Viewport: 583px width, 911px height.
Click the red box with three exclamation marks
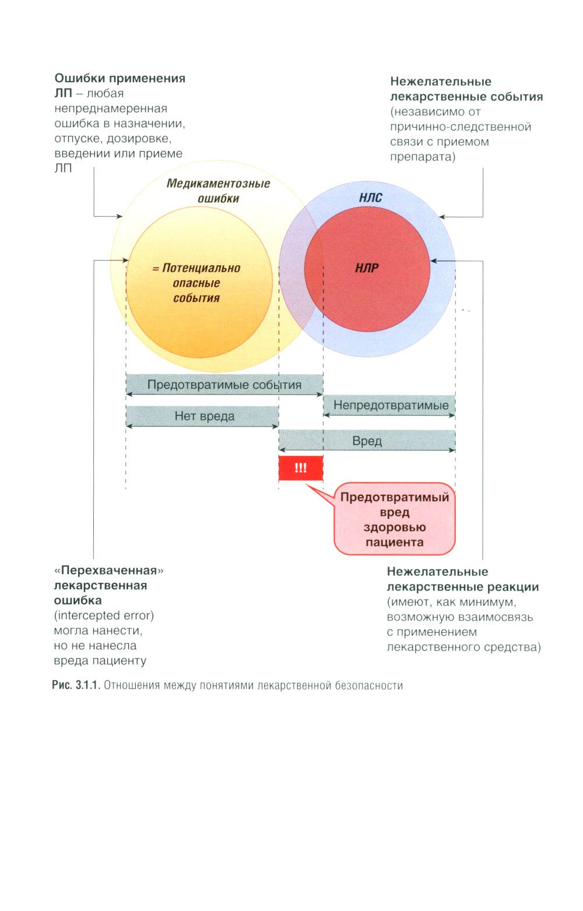coord(300,468)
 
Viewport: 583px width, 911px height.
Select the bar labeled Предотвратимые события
coord(224,385)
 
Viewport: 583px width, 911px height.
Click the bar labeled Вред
coord(367,441)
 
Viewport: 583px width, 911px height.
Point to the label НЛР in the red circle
coord(367,268)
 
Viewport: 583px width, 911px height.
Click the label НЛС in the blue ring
coord(370,198)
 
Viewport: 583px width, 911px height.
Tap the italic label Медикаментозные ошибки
coord(218,191)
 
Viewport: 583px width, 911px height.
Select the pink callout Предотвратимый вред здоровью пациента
coord(394,519)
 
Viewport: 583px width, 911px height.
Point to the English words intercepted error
coord(104,615)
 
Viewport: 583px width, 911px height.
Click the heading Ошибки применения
coord(120,78)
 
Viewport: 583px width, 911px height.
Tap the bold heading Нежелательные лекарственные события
coord(466,89)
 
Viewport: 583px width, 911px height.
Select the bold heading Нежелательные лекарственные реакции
coord(462,579)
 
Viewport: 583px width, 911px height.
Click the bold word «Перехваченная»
coord(108,570)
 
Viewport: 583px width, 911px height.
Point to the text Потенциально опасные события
coord(196,283)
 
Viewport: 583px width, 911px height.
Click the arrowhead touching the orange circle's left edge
coord(125,261)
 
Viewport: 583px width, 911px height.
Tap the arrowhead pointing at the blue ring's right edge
coord(441,217)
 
